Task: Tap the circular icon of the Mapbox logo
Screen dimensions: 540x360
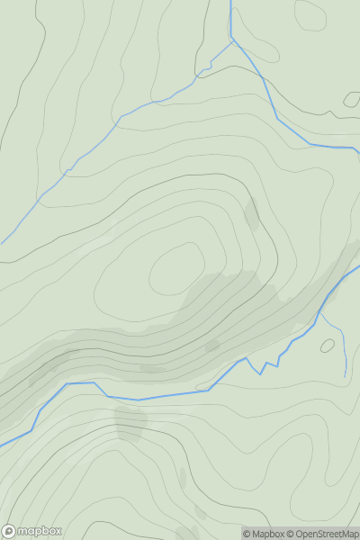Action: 10,531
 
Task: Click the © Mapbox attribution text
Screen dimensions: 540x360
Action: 268,534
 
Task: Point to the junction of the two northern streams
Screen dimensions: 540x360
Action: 232,40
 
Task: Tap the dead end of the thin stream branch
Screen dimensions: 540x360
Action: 345,375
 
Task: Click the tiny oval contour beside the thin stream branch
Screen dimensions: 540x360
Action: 327,345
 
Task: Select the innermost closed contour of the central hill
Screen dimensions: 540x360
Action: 176,270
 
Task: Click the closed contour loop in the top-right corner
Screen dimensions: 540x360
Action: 310,13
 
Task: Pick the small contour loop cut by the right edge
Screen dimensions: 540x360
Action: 352,99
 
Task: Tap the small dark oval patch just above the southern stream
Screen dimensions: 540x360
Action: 212,346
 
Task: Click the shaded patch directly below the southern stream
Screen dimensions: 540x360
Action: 130,421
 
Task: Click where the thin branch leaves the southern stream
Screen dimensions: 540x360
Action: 319,314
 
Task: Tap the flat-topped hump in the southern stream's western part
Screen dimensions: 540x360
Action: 81,383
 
